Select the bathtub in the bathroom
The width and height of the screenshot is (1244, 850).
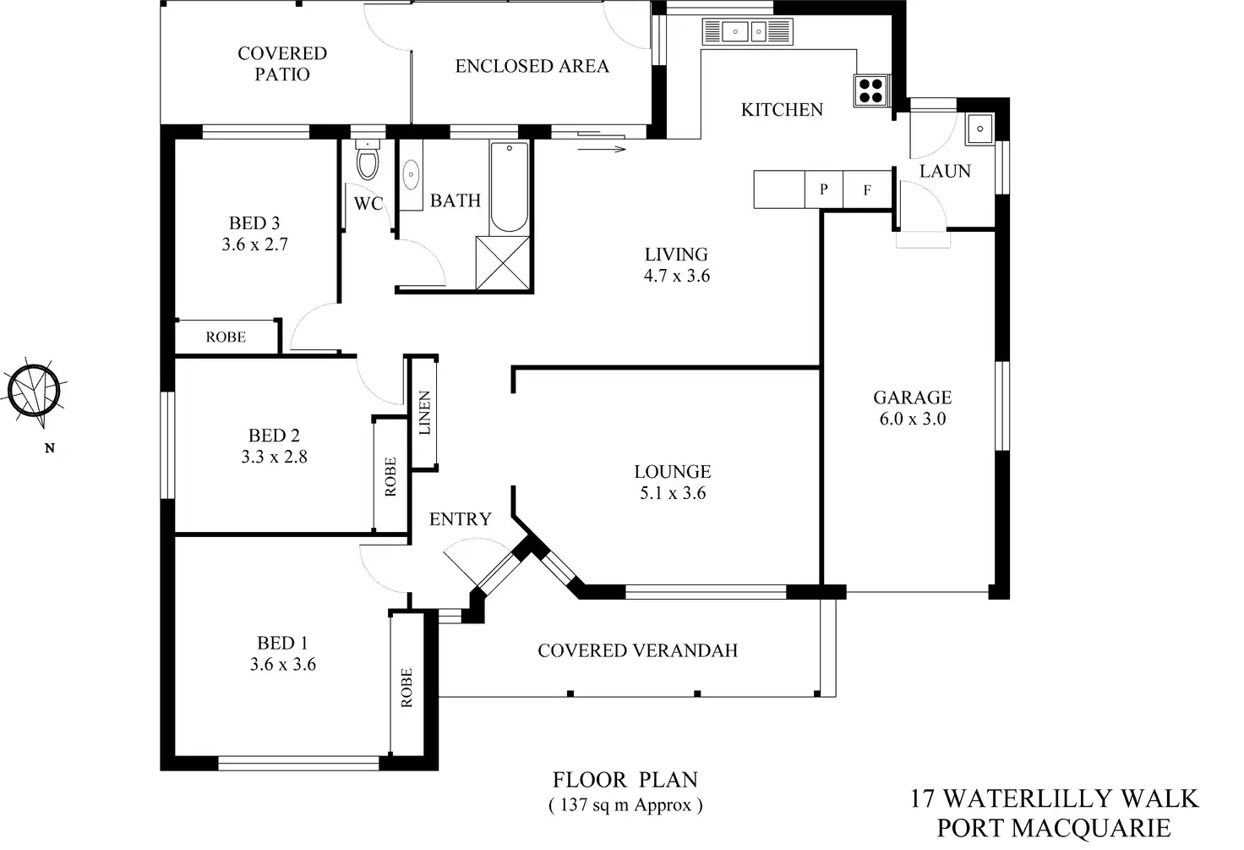click(510, 188)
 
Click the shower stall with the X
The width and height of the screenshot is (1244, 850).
click(503, 262)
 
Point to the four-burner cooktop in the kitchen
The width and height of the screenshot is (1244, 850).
click(870, 90)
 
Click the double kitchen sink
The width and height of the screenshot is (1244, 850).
click(747, 31)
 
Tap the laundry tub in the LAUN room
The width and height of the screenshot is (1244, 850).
click(979, 129)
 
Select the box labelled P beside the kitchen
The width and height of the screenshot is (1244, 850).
click(824, 189)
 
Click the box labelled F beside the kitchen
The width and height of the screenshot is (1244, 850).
click(867, 190)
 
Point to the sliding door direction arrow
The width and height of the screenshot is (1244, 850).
click(602, 149)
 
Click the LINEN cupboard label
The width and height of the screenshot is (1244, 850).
click(424, 413)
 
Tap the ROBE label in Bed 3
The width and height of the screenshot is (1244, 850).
click(226, 337)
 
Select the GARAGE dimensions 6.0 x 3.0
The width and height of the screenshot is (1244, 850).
click(913, 419)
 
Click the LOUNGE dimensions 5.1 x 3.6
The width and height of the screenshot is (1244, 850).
click(673, 493)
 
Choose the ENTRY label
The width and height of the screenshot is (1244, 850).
click(461, 519)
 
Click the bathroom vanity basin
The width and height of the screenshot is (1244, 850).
click(411, 174)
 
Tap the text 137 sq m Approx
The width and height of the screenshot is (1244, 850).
click(625, 805)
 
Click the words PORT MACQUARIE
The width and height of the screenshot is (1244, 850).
click(1054, 828)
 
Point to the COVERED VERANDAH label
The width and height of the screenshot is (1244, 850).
click(637, 650)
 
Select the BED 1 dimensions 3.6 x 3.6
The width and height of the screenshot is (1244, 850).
click(282, 664)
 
